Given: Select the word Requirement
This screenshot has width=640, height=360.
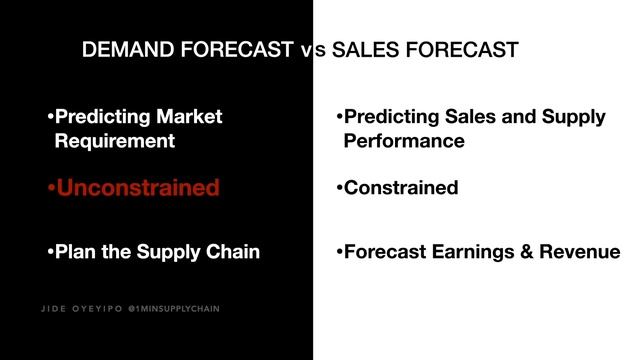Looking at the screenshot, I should [115, 141].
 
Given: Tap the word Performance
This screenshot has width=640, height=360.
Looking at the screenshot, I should [404, 141].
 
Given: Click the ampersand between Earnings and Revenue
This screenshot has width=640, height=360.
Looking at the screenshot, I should [530, 252].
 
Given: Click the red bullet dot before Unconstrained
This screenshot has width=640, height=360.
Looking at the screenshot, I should [51, 188].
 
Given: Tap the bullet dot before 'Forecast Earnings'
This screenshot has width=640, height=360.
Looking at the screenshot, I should [340, 253].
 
